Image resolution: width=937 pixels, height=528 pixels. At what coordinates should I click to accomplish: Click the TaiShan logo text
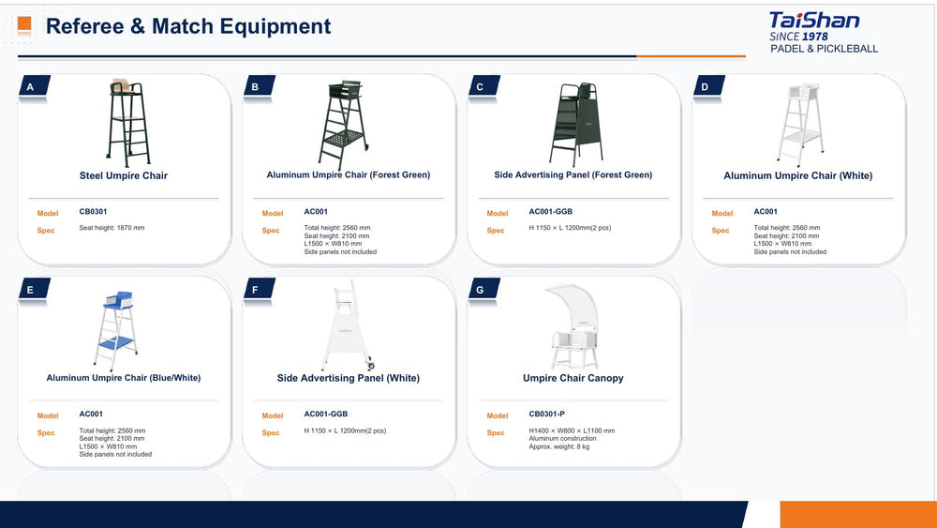tap(814, 21)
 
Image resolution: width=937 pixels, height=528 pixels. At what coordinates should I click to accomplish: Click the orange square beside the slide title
tap(24, 24)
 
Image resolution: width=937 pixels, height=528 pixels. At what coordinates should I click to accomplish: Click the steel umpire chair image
tap(127, 122)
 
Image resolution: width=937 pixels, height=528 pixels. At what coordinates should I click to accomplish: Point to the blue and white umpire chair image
tap(116, 331)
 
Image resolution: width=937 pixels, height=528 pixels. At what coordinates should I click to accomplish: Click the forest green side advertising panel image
tap(575, 125)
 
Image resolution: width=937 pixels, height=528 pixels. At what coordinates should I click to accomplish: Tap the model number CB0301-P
tap(546, 414)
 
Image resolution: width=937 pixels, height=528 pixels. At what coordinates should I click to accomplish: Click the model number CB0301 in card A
tap(93, 212)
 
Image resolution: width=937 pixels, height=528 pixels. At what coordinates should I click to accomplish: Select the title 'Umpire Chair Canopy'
tap(573, 378)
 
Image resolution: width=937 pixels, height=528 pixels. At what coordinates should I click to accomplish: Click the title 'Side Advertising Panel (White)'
tap(349, 378)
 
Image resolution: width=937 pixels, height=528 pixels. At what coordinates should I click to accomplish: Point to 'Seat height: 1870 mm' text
tap(112, 228)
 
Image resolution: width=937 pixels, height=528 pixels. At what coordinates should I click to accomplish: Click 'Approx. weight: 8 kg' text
tap(558, 446)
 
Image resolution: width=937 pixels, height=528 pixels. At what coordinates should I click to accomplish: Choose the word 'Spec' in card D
tap(720, 230)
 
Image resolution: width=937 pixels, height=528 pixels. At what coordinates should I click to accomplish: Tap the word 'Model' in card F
tap(273, 415)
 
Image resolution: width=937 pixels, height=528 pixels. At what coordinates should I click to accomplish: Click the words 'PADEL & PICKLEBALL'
tap(824, 49)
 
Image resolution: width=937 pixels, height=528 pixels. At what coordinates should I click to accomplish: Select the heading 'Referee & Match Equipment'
tap(188, 26)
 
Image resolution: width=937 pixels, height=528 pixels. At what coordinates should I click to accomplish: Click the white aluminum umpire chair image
tap(799, 124)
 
